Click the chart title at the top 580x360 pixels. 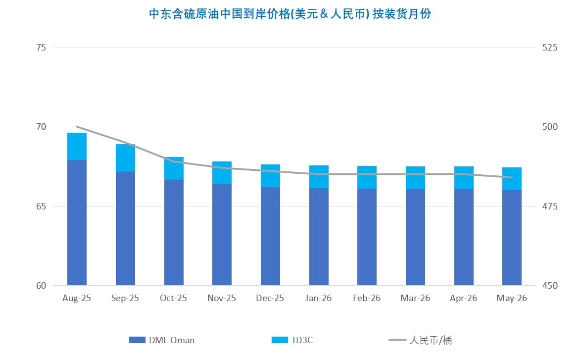(290, 14)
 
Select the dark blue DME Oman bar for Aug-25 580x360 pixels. (77, 223)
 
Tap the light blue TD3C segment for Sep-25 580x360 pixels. (125, 158)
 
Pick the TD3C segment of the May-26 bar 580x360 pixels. (512, 179)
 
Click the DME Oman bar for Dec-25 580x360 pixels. (270, 236)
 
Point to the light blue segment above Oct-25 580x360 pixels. (174, 168)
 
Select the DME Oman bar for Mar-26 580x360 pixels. (415, 237)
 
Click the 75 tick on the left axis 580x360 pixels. (41, 48)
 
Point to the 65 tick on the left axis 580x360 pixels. (41, 206)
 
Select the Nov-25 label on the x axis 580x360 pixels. (222, 298)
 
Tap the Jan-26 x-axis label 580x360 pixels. (319, 298)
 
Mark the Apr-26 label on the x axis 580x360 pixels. (464, 298)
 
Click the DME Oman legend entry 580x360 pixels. (162, 340)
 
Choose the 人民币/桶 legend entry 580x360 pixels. (421, 340)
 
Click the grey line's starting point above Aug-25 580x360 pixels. (77, 127)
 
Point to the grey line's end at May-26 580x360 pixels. (512, 177)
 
